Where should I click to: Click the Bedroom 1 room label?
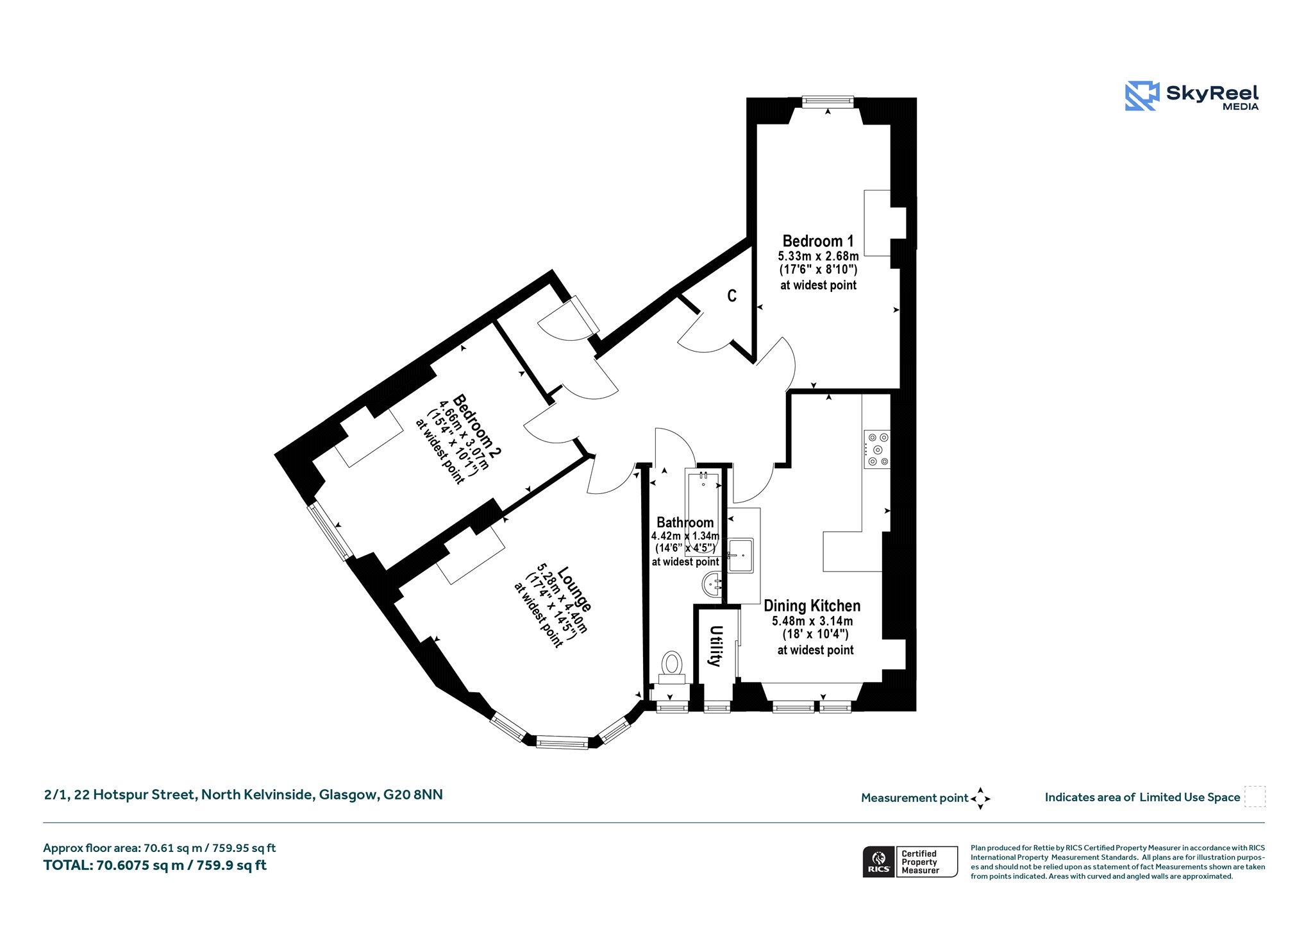pyautogui.click(x=818, y=241)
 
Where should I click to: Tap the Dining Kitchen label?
pyautogui.click(x=812, y=606)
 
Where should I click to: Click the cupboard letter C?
pyautogui.click(x=732, y=296)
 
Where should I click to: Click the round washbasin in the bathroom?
pyautogui.click(x=713, y=584)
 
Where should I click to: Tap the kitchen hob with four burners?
pyautogui.click(x=877, y=449)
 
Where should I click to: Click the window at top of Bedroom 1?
pyautogui.click(x=828, y=101)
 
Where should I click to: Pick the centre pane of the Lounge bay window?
pyautogui.click(x=562, y=743)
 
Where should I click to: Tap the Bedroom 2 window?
pyautogui.click(x=330, y=531)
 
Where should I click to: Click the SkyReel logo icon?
pyautogui.click(x=1142, y=96)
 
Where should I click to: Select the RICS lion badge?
pyautogui.click(x=879, y=862)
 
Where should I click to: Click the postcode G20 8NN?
pyautogui.click(x=413, y=795)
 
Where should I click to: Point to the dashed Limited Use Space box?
pyautogui.click(x=1255, y=796)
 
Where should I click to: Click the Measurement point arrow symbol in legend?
pyautogui.click(x=980, y=799)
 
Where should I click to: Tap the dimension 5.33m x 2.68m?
pyautogui.click(x=818, y=256)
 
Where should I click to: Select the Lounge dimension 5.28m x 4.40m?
pyautogui.click(x=562, y=599)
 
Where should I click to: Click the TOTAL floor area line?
pyautogui.click(x=155, y=865)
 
